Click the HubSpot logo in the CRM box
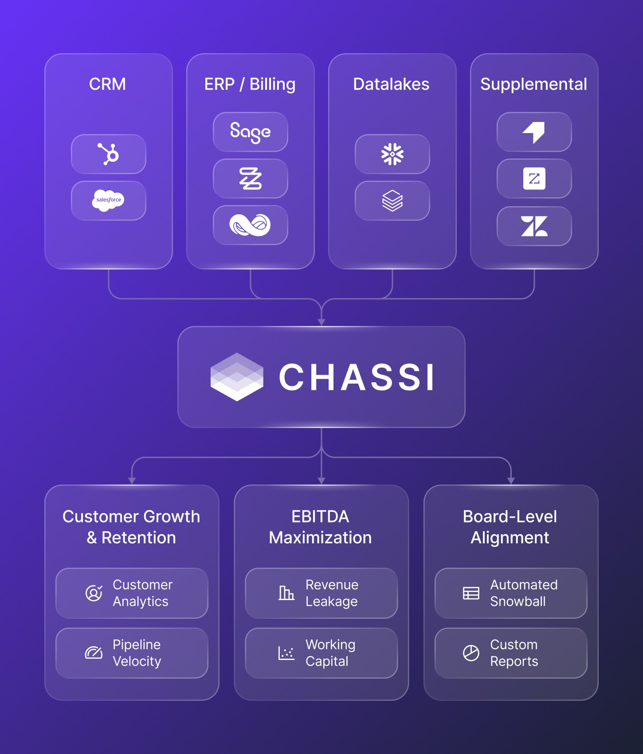[x=109, y=154]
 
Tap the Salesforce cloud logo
[x=108, y=200]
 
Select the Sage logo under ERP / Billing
[x=250, y=132]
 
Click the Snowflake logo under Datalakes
[x=392, y=154]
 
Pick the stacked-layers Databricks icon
[x=392, y=200]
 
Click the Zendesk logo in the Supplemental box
[x=534, y=226]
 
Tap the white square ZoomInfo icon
[x=534, y=179]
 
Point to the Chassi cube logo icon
[x=237, y=377]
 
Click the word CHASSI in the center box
[x=357, y=377]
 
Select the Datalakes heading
[x=391, y=84]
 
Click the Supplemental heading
[x=533, y=84]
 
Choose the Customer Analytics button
[x=132, y=593]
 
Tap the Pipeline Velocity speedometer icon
[x=94, y=653]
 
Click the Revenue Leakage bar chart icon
[x=286, y=593]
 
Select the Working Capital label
[x=330, y=653]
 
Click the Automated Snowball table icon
[x=471, y=593]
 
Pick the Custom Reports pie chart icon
[x=471, y=653]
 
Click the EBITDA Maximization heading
[x=320, y=527]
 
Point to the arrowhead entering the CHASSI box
[x=321, y=322]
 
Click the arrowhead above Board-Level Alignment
[x=511, y=481]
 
